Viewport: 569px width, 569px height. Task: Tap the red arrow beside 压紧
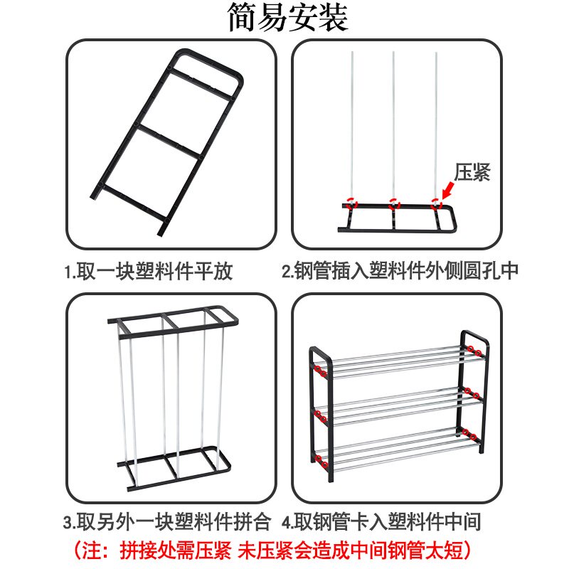pyautogui.click(x=448, y=191)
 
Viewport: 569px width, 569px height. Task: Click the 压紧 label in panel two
pyautogui.click(x=472, y=172)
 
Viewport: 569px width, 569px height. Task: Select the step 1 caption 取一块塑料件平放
pyautogui.click(x=154, y=271)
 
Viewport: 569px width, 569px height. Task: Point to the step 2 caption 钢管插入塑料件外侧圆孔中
pyautogui.click(x=405, y=271)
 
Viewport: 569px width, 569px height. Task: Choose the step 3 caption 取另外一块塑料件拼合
pyautogui.click(x=174, y=522)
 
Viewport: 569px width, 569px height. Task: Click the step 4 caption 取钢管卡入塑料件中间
pyautogui.click(x=387, y=522)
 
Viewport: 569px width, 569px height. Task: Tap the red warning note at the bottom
pyautogui.click(x=272, y=550)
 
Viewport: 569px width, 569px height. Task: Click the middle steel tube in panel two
pyautogui.click(x=393, y=128)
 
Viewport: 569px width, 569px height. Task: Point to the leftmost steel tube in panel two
pyautogui.click(x=351, y=128)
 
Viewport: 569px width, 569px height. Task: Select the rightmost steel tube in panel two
pyautogui.click(x=436, y=129)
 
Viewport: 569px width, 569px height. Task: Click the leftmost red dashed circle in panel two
pyautogui.click(x=351, y=203)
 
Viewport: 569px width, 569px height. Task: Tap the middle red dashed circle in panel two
pyautogui.click(x=394, y=203)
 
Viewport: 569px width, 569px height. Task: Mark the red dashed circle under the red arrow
pyautogui.click(x=436, y=204)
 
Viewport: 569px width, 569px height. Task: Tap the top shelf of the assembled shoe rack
pyautogui.click(x=405, y=361)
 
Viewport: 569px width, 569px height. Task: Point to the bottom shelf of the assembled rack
pyautogui.click(x=405, y=450)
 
